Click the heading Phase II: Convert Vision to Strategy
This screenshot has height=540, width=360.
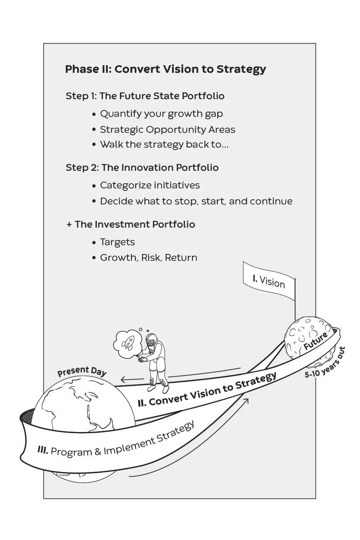[x=165, y=69]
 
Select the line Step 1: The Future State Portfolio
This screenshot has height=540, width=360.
[x=145, y=96]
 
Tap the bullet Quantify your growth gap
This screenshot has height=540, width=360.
[x=161, y=114]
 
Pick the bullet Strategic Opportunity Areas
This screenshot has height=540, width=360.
[x=167, y=130]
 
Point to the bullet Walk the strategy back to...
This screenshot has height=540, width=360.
[x=164, y=144]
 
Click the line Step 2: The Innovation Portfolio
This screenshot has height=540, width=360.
[x=142, y=168]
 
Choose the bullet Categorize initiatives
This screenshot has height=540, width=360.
[x=150, y=186]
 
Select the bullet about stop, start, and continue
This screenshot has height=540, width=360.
[x=196, y=201]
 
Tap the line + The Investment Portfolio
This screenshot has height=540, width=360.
[x=131, y=224]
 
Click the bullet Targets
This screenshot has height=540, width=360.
[x=117, y=242]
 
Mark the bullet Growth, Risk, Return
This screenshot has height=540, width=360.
[x=148, y=258]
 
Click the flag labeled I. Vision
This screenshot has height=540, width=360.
[x=269, y=281]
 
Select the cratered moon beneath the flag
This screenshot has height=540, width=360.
[x=304, y=340]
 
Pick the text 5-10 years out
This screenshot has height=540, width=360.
[x=325, y=362]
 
